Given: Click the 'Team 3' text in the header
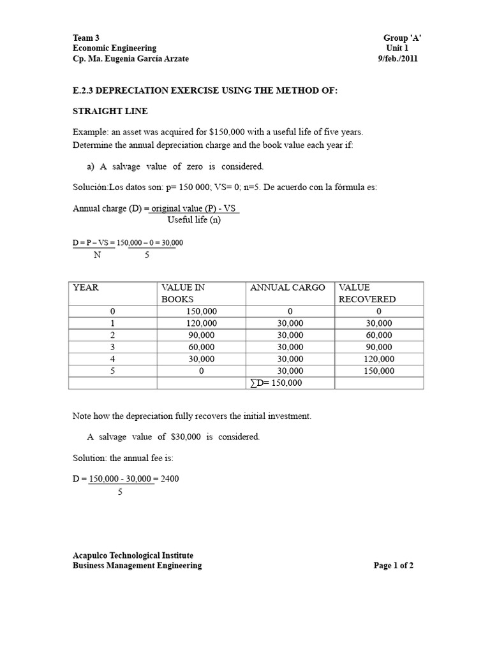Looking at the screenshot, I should click(86, 38).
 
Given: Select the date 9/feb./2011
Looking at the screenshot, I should click(398, 59).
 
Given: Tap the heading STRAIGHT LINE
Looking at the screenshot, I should click(110, 111).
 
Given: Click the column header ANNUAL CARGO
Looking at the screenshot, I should click(287, 288).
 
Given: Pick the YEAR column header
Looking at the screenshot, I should click(86, 288).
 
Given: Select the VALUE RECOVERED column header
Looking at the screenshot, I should click(367, 293).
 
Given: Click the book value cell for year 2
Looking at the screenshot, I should click(201, 335).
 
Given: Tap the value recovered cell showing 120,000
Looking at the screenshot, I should click(379, 359).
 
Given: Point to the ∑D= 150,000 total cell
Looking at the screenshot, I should click(276, 383).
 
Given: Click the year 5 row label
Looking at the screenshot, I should click(112, 371).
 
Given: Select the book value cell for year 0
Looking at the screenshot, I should click(201, 311).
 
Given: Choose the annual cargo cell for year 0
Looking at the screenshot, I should click(290, 311).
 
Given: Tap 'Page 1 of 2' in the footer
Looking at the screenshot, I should click(394, 565).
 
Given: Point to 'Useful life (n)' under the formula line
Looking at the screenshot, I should click(193, 220).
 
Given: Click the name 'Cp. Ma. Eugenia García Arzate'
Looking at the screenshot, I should click(131, 59).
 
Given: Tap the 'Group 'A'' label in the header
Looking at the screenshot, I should click(402, 38).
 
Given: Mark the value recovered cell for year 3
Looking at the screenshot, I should click(379, 347).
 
